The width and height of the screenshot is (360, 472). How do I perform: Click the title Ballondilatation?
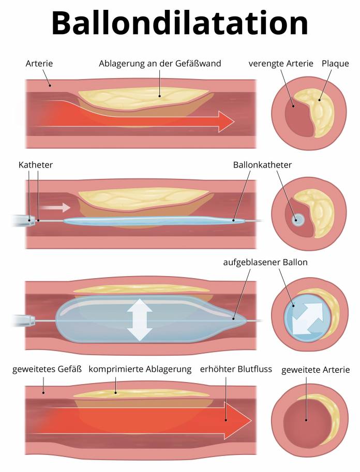[180, 23]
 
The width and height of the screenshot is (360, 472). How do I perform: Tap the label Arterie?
[39, 64]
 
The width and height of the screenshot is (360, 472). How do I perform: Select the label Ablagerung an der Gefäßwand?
[160, 64]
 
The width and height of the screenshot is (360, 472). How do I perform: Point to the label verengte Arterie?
[281, 64]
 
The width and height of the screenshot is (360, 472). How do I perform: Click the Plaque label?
[335, 64]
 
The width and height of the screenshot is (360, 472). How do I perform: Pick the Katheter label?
[36, 164]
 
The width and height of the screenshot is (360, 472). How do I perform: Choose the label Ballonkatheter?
[263, 164]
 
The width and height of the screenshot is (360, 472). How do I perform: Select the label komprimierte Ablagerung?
[140, 370]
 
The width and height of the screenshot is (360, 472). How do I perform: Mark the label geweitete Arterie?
[316, 370]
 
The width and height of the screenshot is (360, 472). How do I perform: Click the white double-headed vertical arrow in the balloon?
[139, 320]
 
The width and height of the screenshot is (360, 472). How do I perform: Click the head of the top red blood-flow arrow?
[225, 121]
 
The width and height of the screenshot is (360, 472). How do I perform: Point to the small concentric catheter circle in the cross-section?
[298, 219]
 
